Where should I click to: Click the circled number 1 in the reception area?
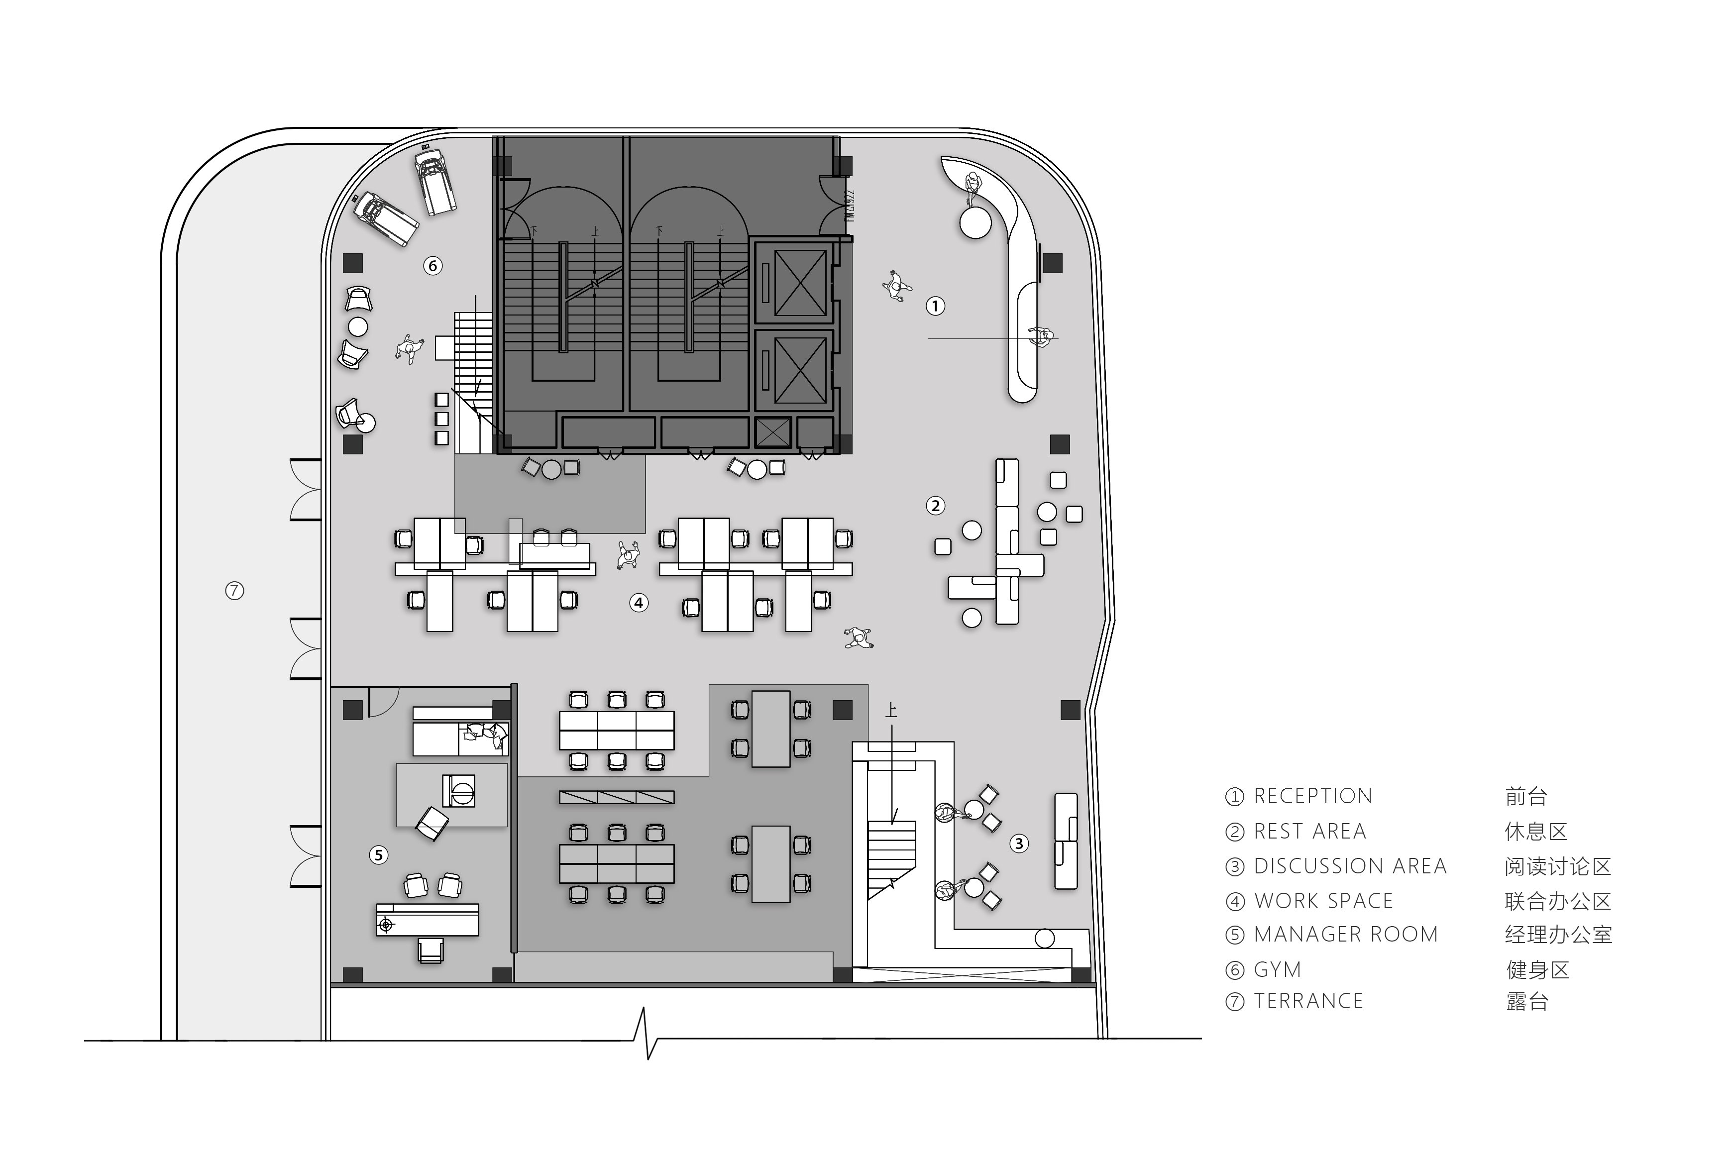tap(936, 306)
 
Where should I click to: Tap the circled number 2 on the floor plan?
tap(936, 506)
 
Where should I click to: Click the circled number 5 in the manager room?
tap(379, 855)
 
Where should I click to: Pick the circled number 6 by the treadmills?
tap(433, 265)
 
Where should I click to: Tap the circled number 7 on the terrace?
tap(234, 591)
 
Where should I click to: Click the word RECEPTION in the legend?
tap(1313, 796)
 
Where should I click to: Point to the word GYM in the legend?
tap(1277, 969)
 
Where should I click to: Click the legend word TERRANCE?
tap(1308, 1001)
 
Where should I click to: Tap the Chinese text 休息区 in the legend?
tap(1536, 832)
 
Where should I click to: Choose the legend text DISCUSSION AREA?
tap(1350, 865)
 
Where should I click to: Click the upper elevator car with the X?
tap(800, 282)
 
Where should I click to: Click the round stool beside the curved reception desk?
tap(975, 222)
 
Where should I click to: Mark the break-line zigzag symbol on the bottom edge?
tap(646, 1034)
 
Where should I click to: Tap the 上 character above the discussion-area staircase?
tap(891, 710)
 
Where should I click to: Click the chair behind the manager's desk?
tap(430, 950)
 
